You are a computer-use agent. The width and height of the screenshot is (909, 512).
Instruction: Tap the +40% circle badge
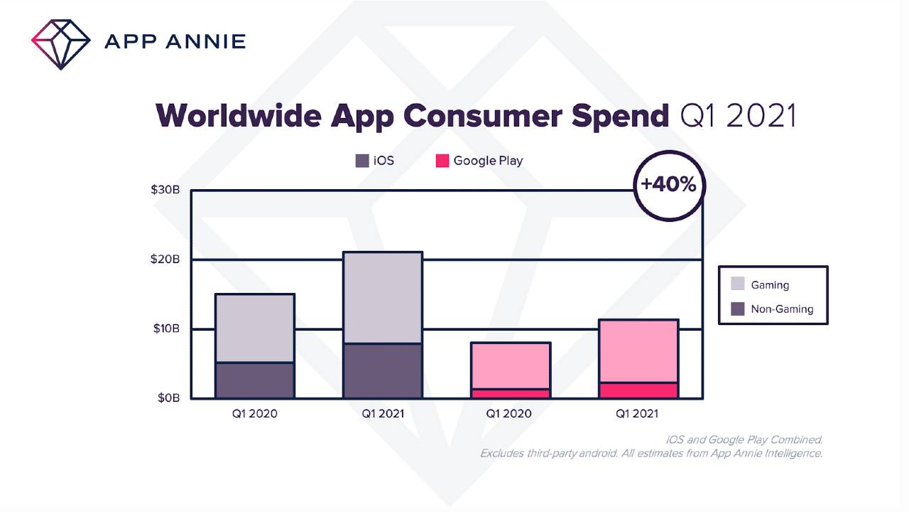point(668,184)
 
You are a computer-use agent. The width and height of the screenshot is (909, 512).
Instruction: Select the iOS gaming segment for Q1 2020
point(255,329)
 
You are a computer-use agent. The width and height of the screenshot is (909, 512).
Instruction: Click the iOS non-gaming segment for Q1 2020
point(255,380)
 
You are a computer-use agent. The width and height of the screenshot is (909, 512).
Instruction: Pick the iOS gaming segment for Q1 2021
point(382,298)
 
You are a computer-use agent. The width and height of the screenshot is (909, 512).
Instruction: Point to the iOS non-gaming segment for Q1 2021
point(382,371)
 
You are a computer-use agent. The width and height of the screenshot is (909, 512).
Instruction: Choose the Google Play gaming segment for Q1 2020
point(511,366)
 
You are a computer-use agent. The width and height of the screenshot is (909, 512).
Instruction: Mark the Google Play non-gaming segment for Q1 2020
point(511,393)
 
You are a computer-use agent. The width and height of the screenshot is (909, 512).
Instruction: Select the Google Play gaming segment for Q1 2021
point(638,351)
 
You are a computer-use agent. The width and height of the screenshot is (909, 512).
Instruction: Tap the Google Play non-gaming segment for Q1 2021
point(638,390)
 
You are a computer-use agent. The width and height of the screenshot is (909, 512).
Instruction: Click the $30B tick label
point(165,190)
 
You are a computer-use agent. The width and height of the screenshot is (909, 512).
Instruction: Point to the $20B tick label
point(165,260)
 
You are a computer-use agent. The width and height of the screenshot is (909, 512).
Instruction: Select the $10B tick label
point(165,329)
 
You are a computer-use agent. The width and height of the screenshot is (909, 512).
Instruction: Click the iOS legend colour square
point(362,161)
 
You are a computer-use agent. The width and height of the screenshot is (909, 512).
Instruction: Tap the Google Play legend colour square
point(442,161)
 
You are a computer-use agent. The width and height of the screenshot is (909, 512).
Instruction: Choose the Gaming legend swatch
point(738,284)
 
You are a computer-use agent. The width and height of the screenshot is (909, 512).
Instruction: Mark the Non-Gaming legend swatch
point(738,309)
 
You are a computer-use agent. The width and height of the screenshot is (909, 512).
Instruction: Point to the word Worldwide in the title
point(238,115)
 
